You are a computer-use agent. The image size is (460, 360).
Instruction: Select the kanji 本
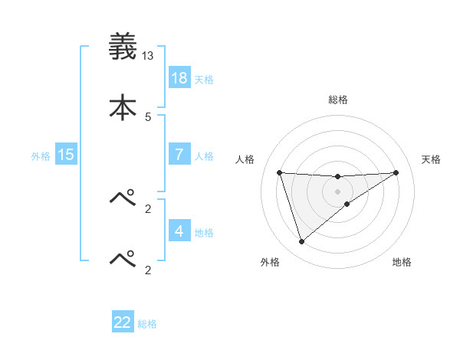click(x=123, y=106)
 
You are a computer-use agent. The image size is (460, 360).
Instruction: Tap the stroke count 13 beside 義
click(x=148, y=56)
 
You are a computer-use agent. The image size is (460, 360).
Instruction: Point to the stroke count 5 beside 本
click(x=148, y=116)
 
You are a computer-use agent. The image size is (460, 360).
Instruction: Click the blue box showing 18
click(x=179, y=78)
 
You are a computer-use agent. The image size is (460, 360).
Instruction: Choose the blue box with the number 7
click(x=179, y=154)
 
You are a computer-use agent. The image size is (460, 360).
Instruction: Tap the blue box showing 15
click(x=66, y=155)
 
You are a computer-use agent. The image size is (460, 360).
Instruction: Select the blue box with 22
click(x=123, y=322)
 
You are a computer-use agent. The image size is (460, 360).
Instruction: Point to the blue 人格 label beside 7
click(x=204, y=155)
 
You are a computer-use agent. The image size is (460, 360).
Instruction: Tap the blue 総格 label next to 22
click(x=147, y=324)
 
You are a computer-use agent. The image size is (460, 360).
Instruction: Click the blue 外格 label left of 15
click(x=41, y=156)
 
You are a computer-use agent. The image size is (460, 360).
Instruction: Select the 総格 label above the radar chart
click(x=338, y=100)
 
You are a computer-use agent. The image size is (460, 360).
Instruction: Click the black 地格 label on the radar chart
click(x=402, y=262)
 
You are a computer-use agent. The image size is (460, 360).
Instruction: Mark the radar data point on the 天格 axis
click(x=396, y=172)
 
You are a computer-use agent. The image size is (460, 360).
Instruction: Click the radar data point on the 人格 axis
click(x=280, y=172)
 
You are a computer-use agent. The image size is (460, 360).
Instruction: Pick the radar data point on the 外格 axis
click(x=301, y=242)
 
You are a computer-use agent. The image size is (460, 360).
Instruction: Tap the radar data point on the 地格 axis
click(x=347, y=204)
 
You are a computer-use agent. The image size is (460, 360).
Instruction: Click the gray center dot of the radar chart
click(x=338, y=191)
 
